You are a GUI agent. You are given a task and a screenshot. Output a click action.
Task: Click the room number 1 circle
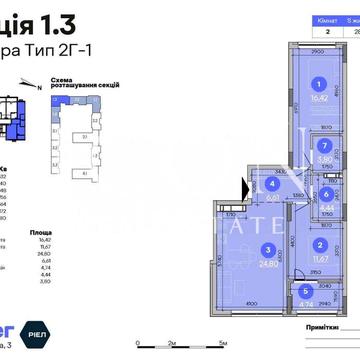[x=319, y=85]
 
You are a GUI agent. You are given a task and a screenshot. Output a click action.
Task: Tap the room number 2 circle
[x=319, y=243]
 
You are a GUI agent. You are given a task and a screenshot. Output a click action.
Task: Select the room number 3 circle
[x=266, y=250]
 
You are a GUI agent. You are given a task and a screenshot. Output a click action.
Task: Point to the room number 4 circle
[x=272, y=183]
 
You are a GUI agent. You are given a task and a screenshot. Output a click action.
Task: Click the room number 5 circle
[x=304, y=292]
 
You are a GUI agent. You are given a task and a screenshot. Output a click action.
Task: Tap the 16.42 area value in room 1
[x=319, y=100]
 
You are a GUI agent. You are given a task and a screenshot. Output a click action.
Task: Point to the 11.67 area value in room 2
[x=319, y=258]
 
